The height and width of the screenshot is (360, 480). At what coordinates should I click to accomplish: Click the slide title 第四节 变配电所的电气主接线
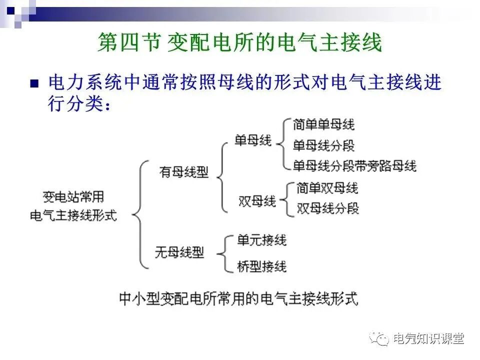click(239, 43)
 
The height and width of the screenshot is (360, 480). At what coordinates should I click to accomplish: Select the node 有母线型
click(184, 172)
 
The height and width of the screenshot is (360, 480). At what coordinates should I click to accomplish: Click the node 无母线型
click(179, 252)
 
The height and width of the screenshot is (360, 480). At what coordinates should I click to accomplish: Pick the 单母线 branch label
click(253, 140)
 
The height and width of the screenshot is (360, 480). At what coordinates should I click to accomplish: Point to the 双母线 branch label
click(257, 201)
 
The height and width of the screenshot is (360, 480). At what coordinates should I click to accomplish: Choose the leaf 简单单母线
click(324, 124)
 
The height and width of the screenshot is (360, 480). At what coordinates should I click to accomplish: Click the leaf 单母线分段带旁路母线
click(354, 165)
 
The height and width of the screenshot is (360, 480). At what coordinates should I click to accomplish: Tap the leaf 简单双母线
click(327, 188)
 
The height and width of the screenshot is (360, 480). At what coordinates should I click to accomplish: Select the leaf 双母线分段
click(327, 208)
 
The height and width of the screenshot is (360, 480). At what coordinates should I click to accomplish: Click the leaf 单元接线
click(261, 240)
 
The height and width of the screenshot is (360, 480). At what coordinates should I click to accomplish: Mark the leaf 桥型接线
click(261, 266)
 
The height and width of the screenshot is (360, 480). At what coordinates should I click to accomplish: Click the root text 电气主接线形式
click(73, 215)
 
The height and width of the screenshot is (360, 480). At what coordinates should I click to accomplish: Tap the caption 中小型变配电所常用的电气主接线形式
click(238, 298)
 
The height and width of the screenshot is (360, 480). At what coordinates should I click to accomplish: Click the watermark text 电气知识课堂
click(428, 339)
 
